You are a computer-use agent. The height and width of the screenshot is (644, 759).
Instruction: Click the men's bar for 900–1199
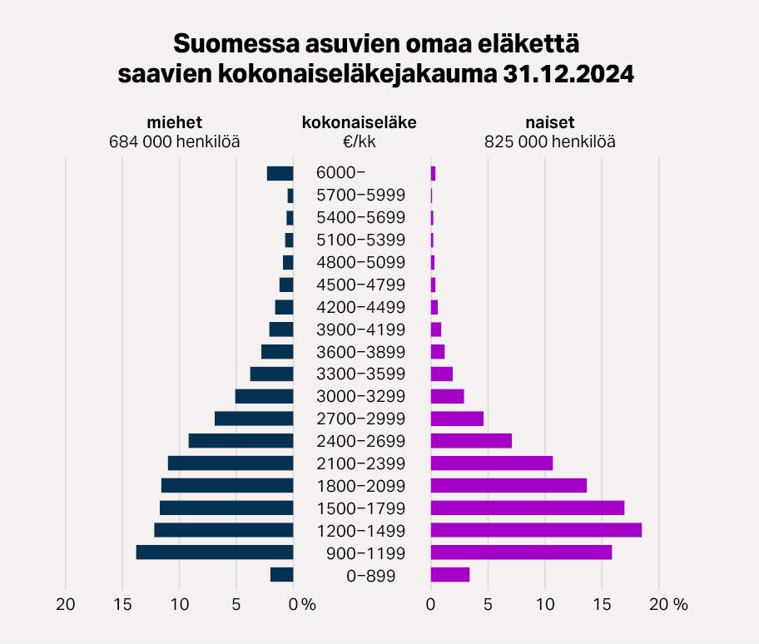(215, 552)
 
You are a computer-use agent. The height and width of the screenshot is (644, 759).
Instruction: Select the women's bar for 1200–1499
(536, 530)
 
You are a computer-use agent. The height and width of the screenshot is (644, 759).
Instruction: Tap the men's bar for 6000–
(280, 173)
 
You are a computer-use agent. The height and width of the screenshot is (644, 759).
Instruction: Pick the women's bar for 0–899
(450, 574)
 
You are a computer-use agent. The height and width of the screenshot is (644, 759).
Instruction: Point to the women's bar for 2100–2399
(491, 463)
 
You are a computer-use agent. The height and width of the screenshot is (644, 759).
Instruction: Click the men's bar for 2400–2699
(241, 441)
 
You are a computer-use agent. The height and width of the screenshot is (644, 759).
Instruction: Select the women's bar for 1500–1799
(527, 508)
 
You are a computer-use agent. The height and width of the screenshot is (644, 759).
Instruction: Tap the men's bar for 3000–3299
(265, 396)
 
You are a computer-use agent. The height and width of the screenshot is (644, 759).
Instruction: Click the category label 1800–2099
(361, 486)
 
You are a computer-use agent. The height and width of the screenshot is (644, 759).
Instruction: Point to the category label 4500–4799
(361, 285)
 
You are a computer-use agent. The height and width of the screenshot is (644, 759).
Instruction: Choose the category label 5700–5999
(361, 196)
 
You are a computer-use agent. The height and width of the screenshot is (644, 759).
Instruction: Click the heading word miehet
(175, 122)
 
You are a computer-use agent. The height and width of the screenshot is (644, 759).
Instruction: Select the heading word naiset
(550, 122)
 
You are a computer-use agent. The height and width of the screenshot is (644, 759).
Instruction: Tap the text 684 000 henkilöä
(175, 141)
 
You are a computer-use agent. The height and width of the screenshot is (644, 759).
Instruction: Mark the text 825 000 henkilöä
(550, 141)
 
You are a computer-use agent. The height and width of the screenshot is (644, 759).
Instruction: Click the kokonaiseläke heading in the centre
(360, 122)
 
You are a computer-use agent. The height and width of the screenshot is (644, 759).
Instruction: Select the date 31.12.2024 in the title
(568, 73)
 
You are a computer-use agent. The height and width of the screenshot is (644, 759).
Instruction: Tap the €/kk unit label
(360, 141)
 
